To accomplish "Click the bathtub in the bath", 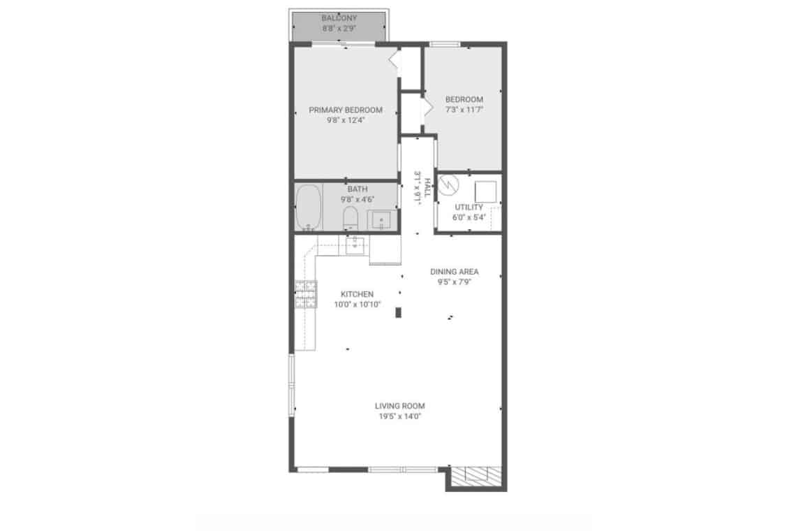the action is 308,208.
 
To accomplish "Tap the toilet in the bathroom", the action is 351,218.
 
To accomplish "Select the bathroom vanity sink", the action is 381,220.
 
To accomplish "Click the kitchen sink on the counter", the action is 358,245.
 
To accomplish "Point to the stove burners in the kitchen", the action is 306,294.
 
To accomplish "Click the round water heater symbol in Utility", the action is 449,185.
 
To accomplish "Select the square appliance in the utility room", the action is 485,191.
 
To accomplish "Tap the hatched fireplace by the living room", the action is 476,474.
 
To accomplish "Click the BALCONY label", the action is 339,18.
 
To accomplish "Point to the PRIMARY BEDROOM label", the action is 346,110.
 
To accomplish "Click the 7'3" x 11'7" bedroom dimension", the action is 464,110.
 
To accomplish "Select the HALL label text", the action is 427,187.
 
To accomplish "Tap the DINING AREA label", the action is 455,271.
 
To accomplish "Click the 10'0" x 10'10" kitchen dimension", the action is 358,305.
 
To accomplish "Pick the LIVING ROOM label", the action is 400,406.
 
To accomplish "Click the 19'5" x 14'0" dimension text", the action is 400,416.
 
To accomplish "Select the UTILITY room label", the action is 469,208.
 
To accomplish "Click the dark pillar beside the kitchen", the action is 399,312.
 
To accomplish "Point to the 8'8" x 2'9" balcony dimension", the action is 339,29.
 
